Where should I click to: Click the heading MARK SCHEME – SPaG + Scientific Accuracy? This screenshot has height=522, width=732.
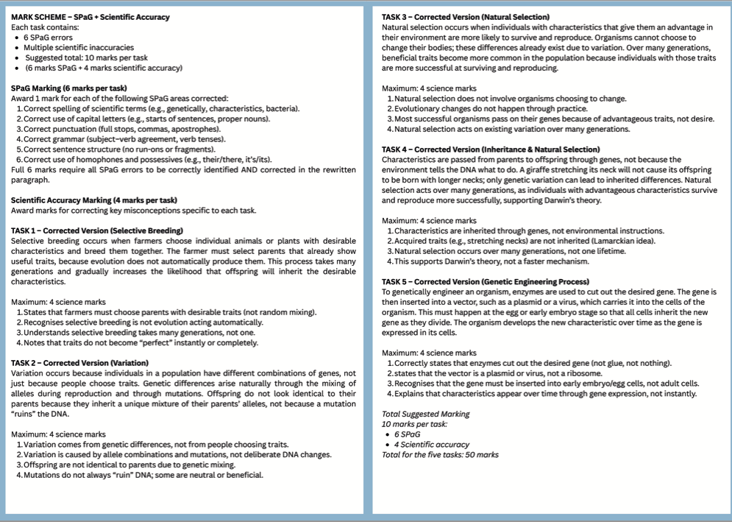click(x=90, y=17)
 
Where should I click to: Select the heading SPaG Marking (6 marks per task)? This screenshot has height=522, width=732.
click(x=69, y=88)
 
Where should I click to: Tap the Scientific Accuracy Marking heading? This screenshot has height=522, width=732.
click(x=94, y=200)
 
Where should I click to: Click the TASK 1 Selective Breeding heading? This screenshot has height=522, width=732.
click(x=97, y=230)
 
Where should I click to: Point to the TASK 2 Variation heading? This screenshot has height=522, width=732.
click(x=80, y=363)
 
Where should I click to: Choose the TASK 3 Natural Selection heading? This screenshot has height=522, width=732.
click(x=466, y=17)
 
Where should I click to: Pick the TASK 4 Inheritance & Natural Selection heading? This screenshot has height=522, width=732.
click(x=491, y=149)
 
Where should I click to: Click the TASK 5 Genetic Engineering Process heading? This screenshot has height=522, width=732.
click(x=486, y=281)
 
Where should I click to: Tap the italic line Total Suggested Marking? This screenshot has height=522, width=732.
click(x=426, y=414)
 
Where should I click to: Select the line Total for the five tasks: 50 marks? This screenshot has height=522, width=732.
click(x=440, y=454)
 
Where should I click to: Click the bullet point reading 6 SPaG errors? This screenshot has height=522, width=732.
click(x=49, y=38)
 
